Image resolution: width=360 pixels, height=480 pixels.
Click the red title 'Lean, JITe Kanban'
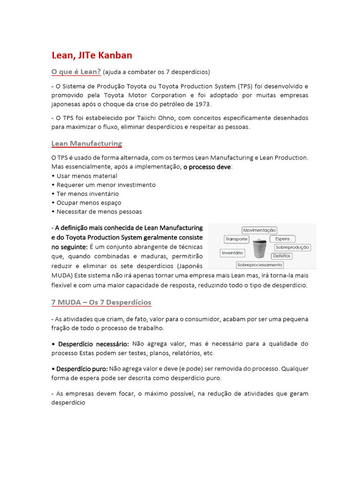(x=92, y=55)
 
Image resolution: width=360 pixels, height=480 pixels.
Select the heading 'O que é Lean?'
(x=76, y=72)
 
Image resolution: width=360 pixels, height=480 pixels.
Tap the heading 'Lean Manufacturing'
(x=86, y=143)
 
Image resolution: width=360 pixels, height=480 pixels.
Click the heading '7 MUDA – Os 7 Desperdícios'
(x=101, y=302)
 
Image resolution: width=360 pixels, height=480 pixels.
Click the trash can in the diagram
(x=259, y=249)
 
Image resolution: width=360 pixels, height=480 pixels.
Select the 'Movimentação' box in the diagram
(x=259, y=230)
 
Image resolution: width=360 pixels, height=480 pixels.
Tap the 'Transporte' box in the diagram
(x=236, y=239)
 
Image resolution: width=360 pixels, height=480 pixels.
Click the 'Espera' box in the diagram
(x=282, y=239)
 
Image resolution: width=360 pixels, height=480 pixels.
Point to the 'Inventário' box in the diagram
(x=232, y=253)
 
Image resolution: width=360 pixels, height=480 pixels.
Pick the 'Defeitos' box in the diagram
(x=281, y=256)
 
